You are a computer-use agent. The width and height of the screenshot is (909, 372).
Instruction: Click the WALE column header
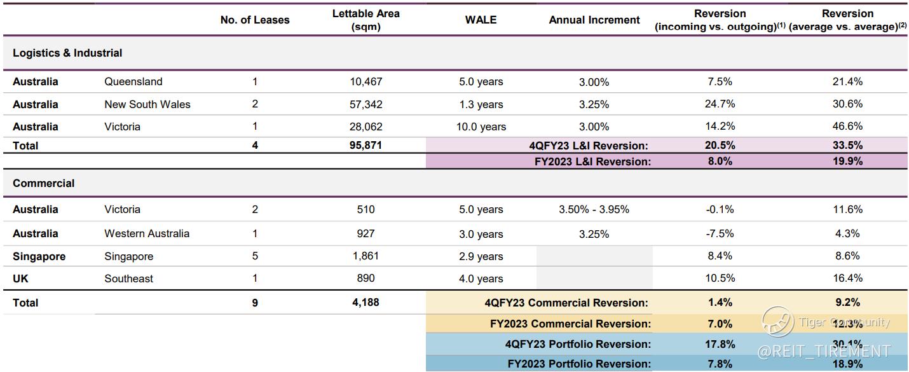[x=481, y=20]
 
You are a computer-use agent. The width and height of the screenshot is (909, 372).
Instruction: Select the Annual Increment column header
[x=594, y=20]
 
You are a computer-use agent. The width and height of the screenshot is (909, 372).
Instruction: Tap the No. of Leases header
[x=254, y=20]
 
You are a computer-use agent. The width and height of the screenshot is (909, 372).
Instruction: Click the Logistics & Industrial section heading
[x=67, y=53]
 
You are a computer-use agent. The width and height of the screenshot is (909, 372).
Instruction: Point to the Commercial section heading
[x=43, y=183]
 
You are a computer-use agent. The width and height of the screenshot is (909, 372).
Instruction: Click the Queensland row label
[x=133, y=81]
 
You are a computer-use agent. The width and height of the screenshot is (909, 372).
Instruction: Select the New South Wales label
[x=147, y=104]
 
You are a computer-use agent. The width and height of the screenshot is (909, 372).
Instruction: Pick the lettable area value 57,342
[x=366, y=104]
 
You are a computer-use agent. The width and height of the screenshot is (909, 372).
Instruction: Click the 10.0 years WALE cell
[x=481, y=127]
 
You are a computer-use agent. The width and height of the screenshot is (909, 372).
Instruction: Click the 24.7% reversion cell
[x=720, y=104]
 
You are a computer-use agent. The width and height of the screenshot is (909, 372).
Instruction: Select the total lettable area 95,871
[x=366, y=145]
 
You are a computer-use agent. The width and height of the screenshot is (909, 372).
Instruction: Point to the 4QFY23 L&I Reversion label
[x=588, y=146]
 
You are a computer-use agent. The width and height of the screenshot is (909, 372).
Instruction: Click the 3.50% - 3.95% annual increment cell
[x=594, y=209]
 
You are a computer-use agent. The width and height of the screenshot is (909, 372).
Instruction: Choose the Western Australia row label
[x=146, y=233]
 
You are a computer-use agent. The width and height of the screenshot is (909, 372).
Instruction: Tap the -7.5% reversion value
[x=720, y=233]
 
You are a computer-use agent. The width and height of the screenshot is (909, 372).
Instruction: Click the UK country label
[x=20, y=279]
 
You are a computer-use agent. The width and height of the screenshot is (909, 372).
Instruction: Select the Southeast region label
[x=128, y=279]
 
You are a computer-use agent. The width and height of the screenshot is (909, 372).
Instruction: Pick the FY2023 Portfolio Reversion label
[x=579, y=364]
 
